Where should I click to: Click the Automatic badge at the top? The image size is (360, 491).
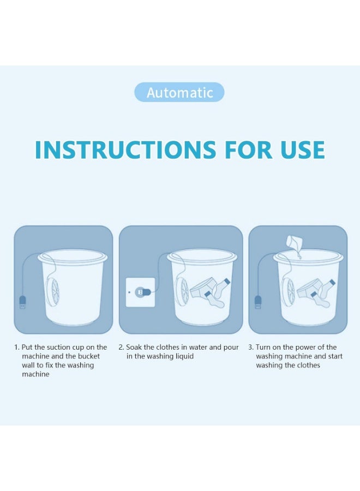179,92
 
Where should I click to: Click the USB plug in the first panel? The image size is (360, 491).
23,301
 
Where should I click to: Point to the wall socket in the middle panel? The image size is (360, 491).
140,292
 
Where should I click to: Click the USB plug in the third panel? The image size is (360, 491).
257,301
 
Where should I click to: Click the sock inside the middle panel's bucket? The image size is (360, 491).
214,298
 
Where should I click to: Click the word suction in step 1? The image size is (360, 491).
58,348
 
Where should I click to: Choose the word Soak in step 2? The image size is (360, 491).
135,348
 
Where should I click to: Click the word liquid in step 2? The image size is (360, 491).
182,356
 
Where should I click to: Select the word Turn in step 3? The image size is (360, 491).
265,348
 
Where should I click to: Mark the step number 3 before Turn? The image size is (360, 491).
250,348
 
